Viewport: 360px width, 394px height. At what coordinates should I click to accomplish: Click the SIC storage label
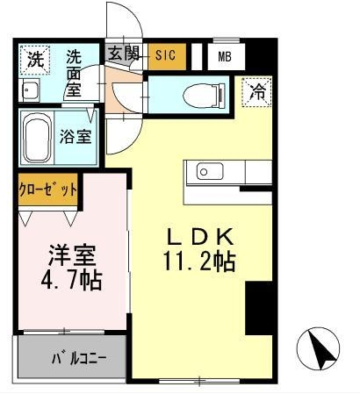[165, 54]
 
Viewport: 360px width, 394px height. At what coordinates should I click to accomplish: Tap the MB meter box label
[225, 57]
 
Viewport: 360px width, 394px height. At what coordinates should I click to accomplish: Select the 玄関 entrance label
[124, 54]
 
